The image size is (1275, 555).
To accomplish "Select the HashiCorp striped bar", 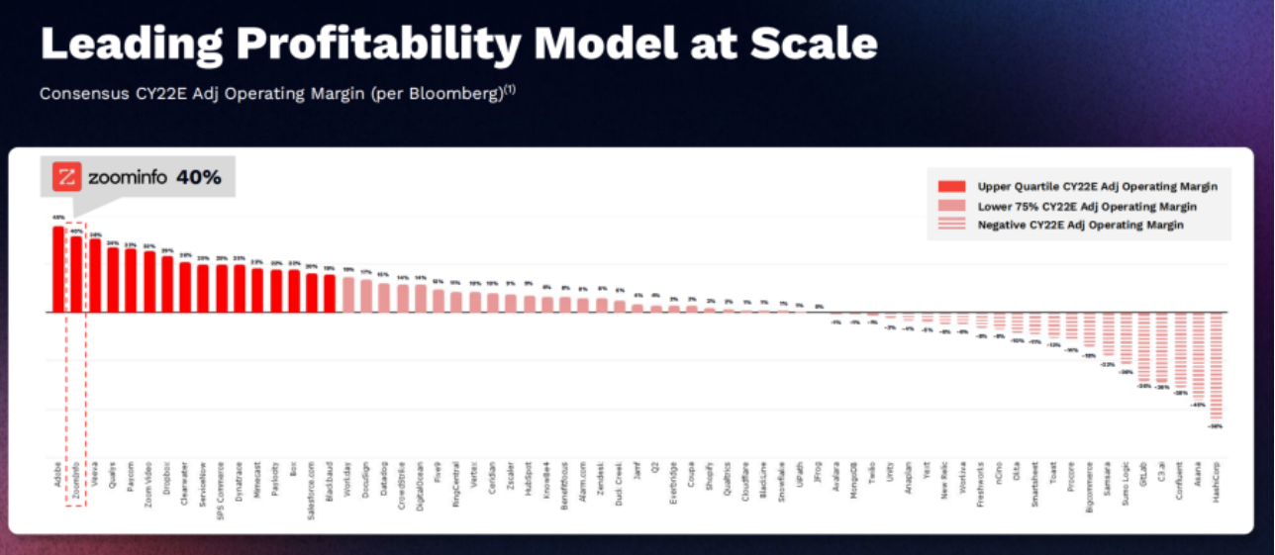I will pyautogui.click(x=1216, y=366).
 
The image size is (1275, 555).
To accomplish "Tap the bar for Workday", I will pyautogui.click(x=347, y=294).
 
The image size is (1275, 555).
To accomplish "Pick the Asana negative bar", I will pyautogui.click(x=1198, y=356).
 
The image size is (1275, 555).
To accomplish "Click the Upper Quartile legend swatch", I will pyautogui.click(x=951, y=186).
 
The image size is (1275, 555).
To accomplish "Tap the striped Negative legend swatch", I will pyautogui.click(x=951, y=226).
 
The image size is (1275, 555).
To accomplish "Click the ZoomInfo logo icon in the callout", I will pyautogui.click(x=68, y=178).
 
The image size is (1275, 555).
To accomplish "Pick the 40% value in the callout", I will pyautogui.click(x=198, y=178).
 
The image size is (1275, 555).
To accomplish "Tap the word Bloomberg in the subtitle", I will pyautogui.click(x=456, y=94).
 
